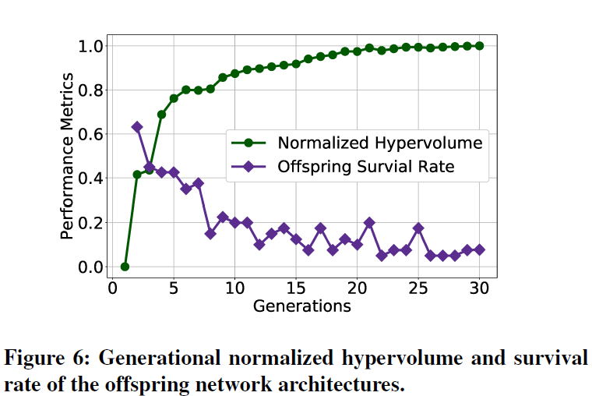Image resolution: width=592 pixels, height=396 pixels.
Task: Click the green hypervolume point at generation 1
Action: click(x=125, y=267)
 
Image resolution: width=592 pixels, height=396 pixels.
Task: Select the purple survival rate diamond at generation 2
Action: click(x=137, y=127)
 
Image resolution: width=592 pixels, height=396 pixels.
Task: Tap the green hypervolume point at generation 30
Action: click(x=479, y=46)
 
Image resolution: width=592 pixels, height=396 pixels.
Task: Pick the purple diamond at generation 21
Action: click(x=369, y=223)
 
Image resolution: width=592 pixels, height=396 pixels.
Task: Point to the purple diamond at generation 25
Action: click(x=418, y=228)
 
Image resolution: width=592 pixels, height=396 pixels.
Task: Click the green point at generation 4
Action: click(x=161, y=115)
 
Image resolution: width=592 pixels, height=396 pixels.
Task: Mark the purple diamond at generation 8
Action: click(x=210, y=234)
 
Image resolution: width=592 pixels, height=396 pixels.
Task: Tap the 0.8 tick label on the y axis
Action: click(x=93, y=90)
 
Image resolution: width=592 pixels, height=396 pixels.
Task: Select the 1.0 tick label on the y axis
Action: click(x=93, y=46)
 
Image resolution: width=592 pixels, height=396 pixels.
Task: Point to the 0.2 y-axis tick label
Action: click(x=93, y=223)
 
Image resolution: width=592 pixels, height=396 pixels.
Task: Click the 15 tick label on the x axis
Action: click(x=295, y=288)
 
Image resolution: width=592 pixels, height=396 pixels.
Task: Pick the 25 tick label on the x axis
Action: click(x=418, y=288)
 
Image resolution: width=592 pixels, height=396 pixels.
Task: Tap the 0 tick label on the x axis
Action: click(x=112, y=288)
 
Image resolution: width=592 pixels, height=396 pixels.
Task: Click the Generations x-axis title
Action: click(x=302, y=306)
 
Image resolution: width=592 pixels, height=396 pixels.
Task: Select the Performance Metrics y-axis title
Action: click(x=69, y=156)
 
